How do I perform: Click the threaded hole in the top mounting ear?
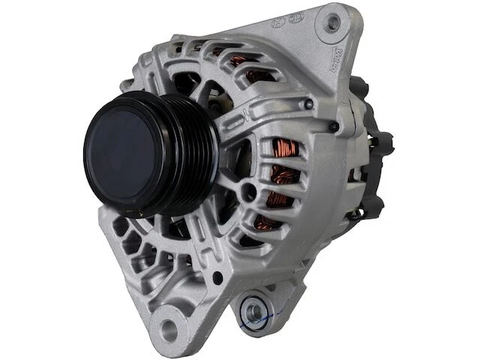coord(331,22)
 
